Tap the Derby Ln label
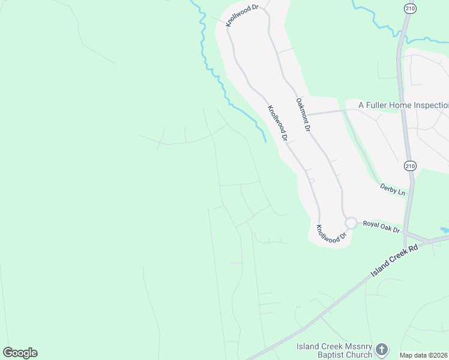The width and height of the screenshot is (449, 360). click(x=393, y=190)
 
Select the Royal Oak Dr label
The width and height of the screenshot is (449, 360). click(x=381, y=227)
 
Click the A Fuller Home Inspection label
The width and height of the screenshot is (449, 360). click(x=403, y=104)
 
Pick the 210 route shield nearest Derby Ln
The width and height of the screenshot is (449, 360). click(x=409, y=166)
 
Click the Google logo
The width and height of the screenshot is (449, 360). click(x=20, y=353)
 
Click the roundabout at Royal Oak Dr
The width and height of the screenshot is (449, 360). click(x=351, y=223)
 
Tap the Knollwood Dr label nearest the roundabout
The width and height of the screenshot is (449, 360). click(x=332, y=234)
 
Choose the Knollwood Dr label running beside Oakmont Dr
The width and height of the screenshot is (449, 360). click(x=277, y=123)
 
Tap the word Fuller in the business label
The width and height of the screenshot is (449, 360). click(x=378, y=104)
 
